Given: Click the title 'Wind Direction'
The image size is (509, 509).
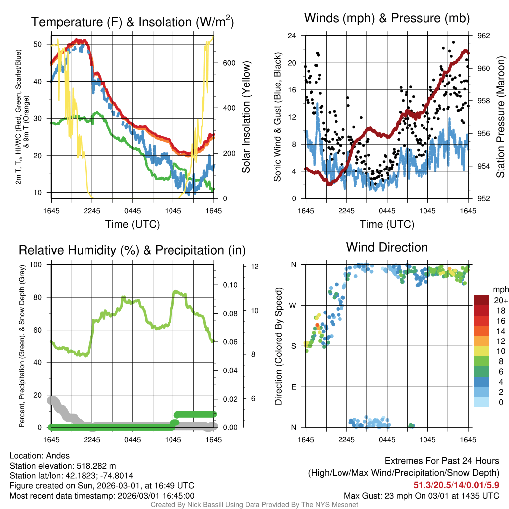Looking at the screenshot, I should (387, 247).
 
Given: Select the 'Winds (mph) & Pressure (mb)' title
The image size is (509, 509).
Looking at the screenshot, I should (387, 19).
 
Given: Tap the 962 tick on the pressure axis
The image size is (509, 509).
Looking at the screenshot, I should (484, 36).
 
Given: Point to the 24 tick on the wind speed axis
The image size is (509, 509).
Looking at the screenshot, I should (292, 36).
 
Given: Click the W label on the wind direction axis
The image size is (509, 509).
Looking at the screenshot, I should (293, 305).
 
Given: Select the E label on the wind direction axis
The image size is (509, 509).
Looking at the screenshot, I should (294, 387).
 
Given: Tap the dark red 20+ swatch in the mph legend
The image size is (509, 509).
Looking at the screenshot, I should (482, 300).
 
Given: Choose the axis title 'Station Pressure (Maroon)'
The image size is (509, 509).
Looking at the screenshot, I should (501, 117).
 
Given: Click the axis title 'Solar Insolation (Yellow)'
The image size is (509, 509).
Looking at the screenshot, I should (246, 117).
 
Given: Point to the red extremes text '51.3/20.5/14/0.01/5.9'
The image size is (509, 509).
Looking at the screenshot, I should (456, 485).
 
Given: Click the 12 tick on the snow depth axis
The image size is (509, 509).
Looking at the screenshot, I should (255, 266).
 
